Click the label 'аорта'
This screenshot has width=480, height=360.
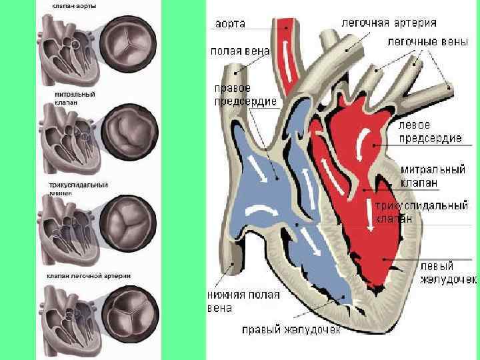(229, 24)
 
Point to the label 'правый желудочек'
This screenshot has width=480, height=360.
(291, 329)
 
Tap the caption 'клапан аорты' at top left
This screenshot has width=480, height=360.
(74, 5)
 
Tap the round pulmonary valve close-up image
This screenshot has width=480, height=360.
(129, 312)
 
